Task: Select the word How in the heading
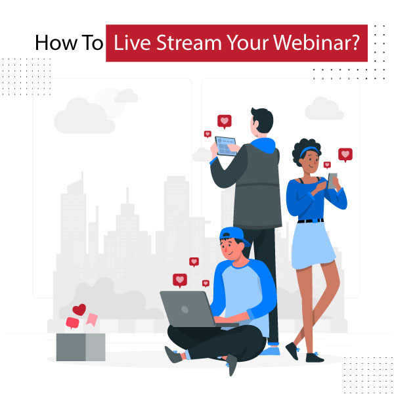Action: (x=51, y=43)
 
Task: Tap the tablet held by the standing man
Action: (x=226, y=146)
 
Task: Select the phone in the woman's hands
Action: (x=332, y=179)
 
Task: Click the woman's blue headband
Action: (x=307, y=152)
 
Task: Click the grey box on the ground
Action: (x=80, y=346)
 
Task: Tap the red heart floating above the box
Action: (x=79, y=309)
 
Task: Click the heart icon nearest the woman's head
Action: (x=327, y=164)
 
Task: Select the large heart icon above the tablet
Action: (x=225, y=121)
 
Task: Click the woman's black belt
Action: (x=311, y=220)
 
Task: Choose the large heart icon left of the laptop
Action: (x=179, y=280)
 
